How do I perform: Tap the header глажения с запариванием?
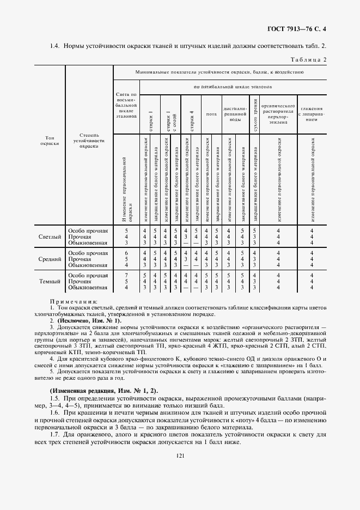[312, 114]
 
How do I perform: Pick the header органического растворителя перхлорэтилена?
[278, 114]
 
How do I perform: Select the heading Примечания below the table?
[74, 301]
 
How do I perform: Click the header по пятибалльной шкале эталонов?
[232, 87]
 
